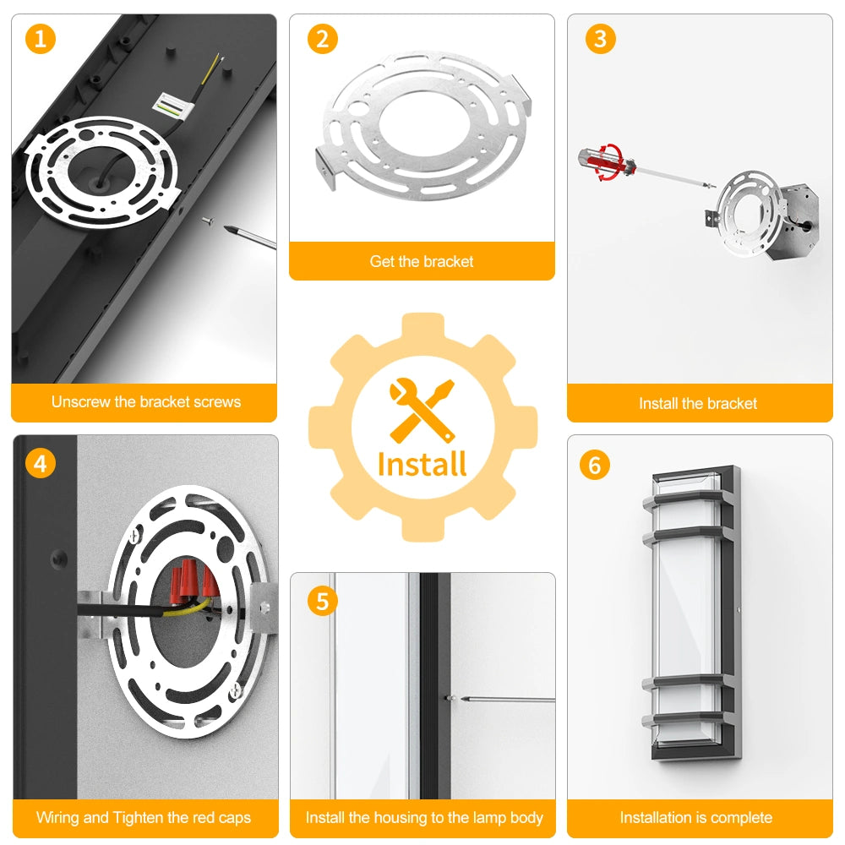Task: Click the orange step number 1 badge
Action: (x=41, y=39)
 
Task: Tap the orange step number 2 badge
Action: (x=322, y=39)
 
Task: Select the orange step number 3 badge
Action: (x=600, y=39)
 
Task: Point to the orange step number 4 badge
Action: (x=41, y=463)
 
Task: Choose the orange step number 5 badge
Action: (x=322, y=601)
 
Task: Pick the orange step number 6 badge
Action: (x=594, y=465)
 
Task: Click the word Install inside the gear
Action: (x=422, y=465)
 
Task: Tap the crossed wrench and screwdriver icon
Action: (x=422, y=411)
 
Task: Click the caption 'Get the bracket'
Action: (x=422, y=261)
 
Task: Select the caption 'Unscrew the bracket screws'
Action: (x=146, y=402)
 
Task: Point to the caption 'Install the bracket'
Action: (x=698, y=404)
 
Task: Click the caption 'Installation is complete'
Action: (x=696, y=817)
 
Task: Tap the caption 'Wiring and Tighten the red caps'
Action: (x=144, y=817)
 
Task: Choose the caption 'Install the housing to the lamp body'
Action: (x=424, y=817)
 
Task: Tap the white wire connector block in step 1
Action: (x=173, y=105)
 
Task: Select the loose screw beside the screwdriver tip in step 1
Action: (x=208, y=221)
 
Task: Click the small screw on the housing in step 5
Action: (x=449, y=698)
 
